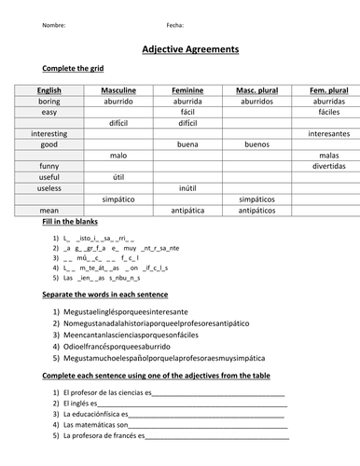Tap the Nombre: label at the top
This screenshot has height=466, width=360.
[54, 25]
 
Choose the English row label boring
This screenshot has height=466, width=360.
[47, 101]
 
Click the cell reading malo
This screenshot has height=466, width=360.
[118, 156]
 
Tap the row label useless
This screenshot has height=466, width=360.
[47, 188]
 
